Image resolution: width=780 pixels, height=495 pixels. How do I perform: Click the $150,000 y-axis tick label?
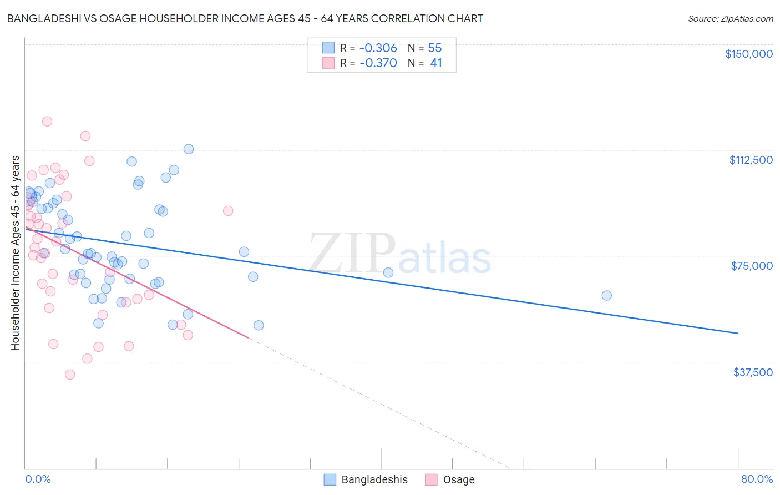[748, 54]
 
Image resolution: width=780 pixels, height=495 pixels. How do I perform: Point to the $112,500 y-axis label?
[751, 160]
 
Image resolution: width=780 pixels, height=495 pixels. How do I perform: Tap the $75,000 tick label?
[752, 266]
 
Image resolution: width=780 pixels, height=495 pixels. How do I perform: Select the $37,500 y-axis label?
[752, 372]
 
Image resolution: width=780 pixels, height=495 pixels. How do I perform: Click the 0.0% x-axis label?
[38, 479]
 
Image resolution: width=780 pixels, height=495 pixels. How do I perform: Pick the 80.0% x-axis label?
[757, 479]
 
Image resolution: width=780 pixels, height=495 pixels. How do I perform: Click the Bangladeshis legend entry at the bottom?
[366, 480]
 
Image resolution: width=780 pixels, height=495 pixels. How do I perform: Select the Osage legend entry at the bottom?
[450, 480]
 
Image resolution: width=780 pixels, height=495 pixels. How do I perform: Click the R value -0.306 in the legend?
[378, 48]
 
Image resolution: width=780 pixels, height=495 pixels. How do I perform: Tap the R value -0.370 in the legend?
[378, 63]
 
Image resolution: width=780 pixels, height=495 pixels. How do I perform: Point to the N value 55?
[435, 48]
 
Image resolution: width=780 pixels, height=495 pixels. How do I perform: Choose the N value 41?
[436, 63]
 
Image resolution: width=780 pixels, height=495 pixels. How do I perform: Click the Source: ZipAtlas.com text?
[730, 19]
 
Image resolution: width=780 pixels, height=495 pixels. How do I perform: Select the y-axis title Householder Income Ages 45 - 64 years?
[16, 253]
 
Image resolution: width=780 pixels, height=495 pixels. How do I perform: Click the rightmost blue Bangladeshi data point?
[606, 296]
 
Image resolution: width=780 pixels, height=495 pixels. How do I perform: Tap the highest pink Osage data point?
[47, 122]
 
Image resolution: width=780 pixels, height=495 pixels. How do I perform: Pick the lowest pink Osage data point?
[70, 375]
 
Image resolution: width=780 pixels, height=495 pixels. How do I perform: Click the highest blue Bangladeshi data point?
[189, 149]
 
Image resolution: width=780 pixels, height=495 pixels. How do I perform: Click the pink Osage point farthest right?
[228, 211]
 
